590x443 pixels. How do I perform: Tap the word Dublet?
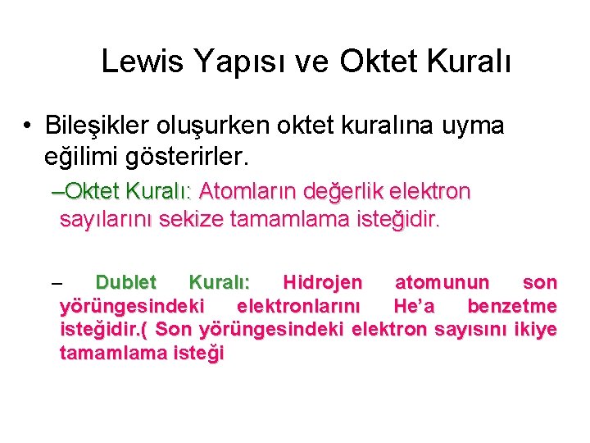[125, 283]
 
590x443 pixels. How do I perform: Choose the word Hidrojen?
[322, 283]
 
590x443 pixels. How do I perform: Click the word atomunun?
[442, 283]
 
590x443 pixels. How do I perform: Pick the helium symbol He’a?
[415, 306]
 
